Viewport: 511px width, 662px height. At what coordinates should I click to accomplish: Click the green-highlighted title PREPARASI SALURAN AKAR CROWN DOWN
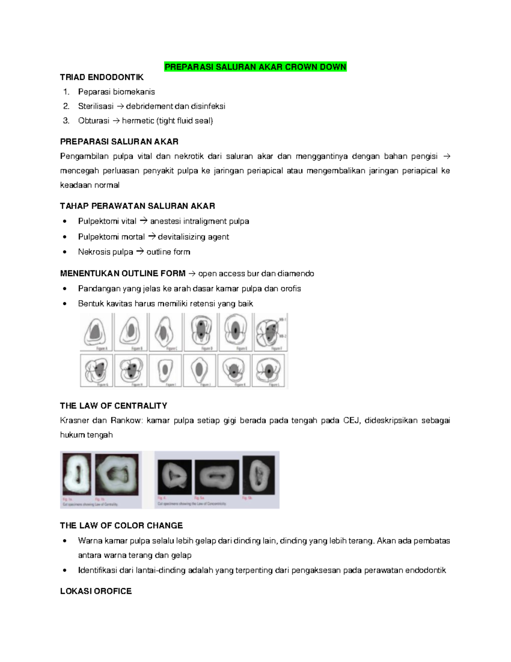255,67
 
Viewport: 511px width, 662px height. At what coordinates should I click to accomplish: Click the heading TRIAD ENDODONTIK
102,77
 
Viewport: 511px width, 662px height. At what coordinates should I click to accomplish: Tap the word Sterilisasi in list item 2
96,106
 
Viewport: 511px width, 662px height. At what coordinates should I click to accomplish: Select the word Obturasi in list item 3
94,121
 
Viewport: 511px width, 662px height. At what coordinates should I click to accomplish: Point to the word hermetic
138,121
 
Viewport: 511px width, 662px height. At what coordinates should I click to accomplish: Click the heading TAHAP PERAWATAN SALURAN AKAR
138,206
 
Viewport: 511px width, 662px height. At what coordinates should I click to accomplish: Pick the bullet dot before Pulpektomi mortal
65,237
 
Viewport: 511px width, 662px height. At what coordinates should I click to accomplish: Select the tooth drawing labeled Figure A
96,331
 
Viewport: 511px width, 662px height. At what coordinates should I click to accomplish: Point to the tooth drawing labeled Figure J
199,369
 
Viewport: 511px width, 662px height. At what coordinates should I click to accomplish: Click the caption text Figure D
206,349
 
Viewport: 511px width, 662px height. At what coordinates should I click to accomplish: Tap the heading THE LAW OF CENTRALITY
114,405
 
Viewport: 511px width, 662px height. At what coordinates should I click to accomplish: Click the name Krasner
75,420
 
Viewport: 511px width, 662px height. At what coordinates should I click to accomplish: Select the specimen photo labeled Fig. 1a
77,474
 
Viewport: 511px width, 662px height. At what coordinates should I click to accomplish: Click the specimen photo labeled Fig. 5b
258,474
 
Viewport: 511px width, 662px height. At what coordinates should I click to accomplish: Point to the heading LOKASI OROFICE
96,591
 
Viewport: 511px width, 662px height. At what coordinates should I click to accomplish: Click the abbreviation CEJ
351,420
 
